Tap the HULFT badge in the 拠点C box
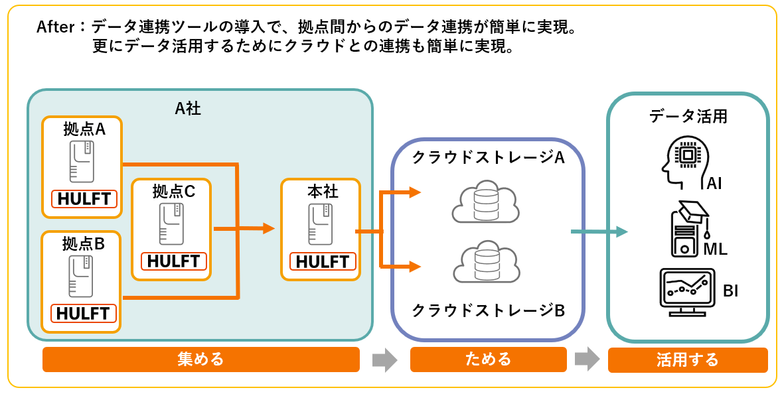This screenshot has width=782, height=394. coord(174,261)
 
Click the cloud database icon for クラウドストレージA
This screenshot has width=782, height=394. coord(485,202)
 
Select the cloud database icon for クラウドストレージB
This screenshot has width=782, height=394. coord(485,264)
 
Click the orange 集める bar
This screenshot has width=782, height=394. coord(200,360)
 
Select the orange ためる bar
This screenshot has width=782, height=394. coord(488,360)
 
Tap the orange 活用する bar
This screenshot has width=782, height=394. coord(687,360)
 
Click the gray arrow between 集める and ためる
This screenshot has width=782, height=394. coord(384,360)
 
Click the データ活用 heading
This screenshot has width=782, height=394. coord(688,117)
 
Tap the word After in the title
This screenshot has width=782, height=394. coord(57,27)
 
